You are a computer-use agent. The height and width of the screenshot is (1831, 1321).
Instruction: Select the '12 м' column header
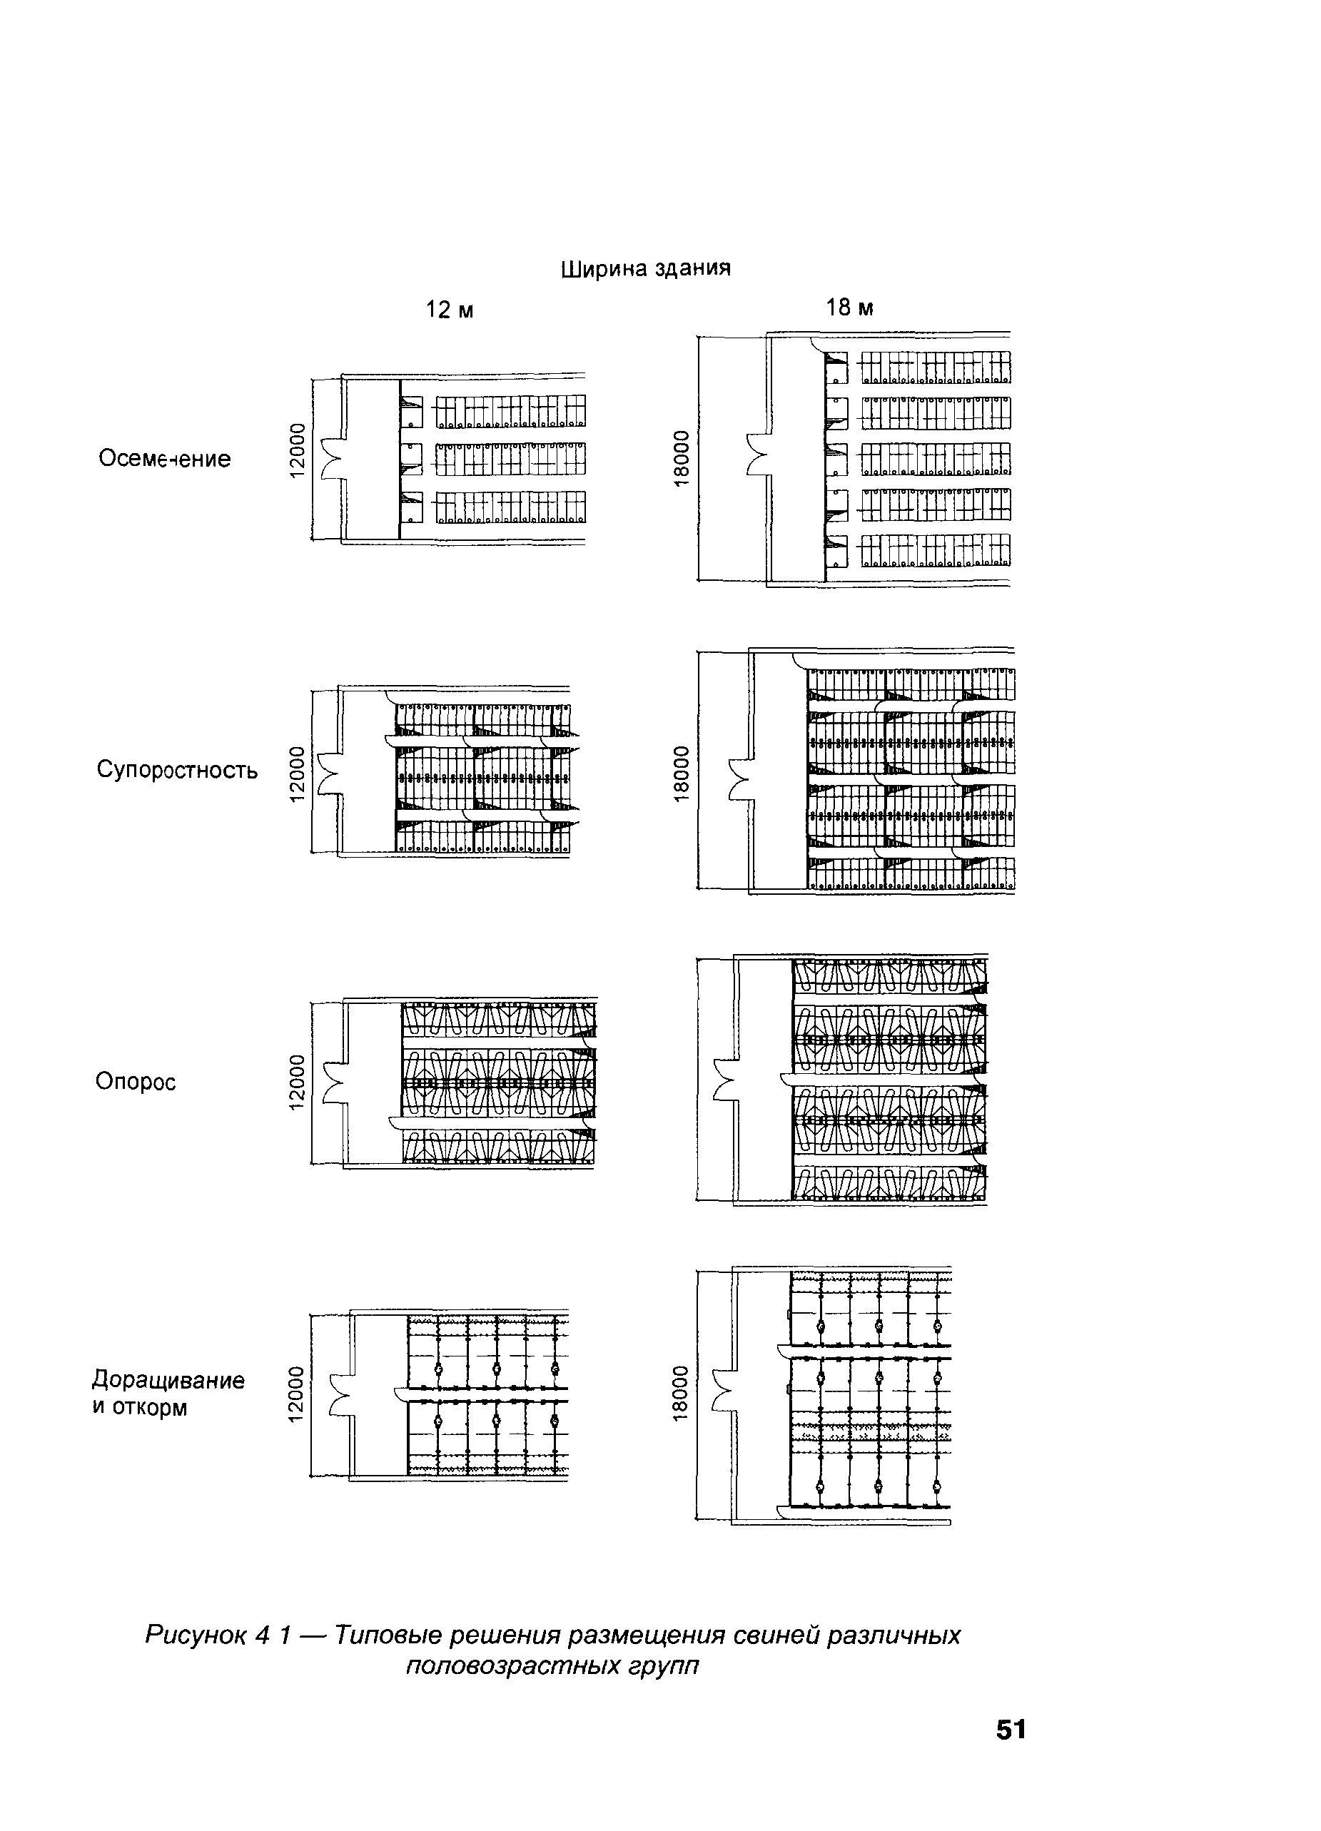coord(449,310)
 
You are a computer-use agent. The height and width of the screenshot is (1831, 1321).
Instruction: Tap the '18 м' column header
coord(849,308)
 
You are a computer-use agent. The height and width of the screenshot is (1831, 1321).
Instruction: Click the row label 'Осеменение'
coord(165,459)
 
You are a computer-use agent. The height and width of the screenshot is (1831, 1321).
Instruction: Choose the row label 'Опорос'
coord(135,1081)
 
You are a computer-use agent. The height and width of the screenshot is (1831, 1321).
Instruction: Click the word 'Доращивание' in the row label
coord(168,1380)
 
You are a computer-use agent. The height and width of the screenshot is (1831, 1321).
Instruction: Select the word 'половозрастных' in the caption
coord(503,1665)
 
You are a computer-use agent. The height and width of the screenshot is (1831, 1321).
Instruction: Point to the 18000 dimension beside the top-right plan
coord(682,460)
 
